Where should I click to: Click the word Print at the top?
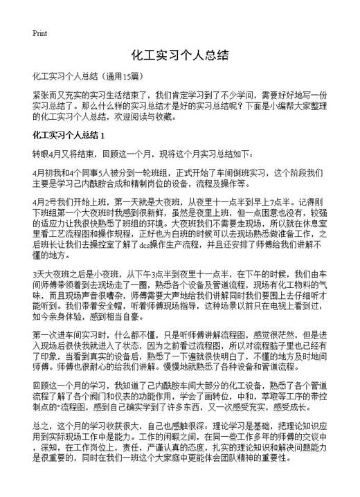(39, 34)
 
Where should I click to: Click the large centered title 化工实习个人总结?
(179, 55)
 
